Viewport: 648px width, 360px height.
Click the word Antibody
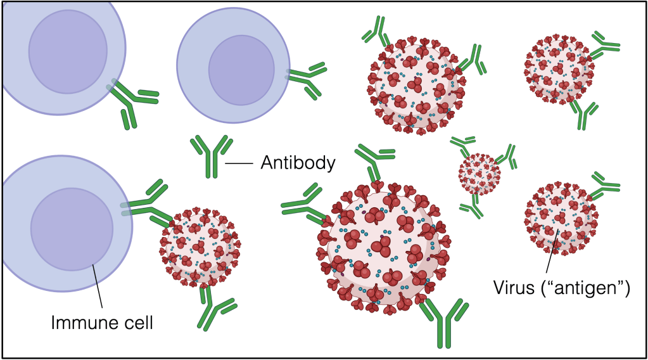pos(297,163)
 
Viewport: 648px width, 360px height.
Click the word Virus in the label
pos(514,288)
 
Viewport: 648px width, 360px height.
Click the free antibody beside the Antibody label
pos(209,156)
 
